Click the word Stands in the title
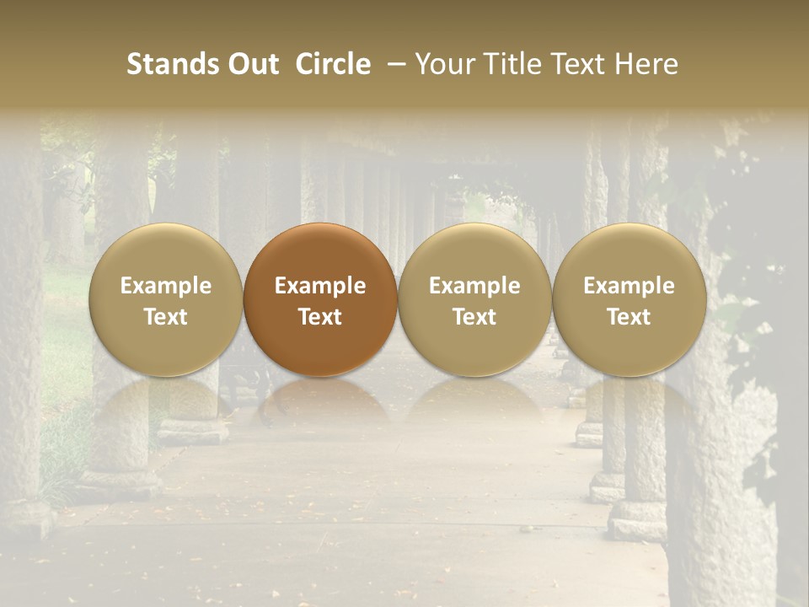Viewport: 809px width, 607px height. click(x=172, y=64)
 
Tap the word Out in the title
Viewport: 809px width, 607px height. click(x=252, y=64)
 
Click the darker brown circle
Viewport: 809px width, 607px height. click(x=320, y=300)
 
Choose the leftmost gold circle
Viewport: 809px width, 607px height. click(x=166, y=300)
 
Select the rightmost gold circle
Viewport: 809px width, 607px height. click(x=629, y=300)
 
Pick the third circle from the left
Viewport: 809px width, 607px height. click(x=474, y=300)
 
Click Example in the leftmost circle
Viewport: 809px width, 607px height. click(x=166, y=286)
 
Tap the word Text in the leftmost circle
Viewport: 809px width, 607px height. click(x=166, y=317)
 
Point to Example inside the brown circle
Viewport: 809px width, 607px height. click(x=320, y=286)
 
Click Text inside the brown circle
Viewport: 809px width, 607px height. click(x=320, y=317)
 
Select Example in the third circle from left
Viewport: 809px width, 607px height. click(x=474, y=286)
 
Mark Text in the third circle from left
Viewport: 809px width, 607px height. click(x=474, y=317)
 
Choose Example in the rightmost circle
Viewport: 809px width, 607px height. click(x=629, y=286)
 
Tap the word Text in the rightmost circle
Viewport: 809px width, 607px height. click(x=629, y=317)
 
